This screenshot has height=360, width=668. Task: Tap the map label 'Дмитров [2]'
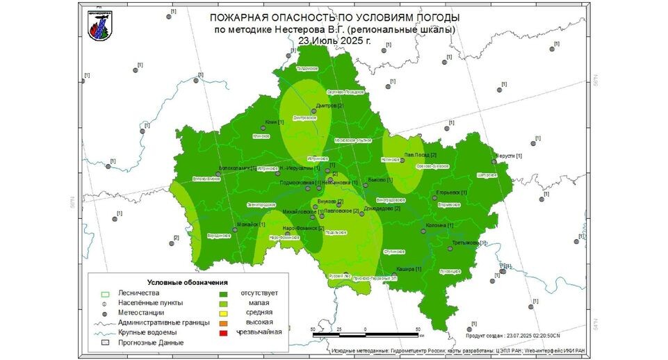[x=329, y=106]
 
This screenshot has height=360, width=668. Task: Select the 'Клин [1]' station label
[x=275, y=122]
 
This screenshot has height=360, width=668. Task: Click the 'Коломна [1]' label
[x=439, y=225]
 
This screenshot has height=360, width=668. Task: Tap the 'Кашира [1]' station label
[x=409, y=268]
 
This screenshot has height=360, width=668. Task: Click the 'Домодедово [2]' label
[x=383, y=208]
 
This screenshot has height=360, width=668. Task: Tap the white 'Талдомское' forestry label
[x=307, y=69]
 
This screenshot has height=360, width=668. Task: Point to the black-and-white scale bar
[x=366, y=335]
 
